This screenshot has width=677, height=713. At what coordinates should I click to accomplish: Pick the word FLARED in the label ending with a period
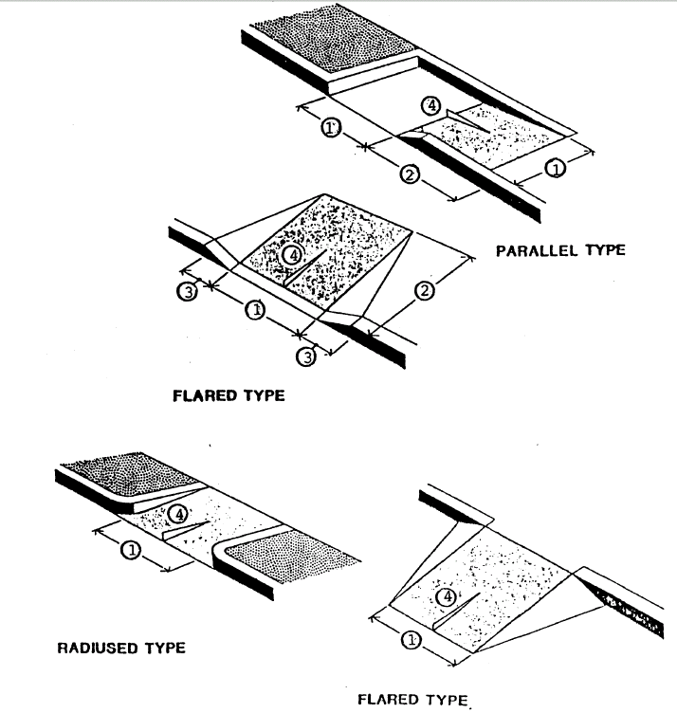point(388,701)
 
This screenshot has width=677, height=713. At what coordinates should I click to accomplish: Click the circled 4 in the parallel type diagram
point(432,106)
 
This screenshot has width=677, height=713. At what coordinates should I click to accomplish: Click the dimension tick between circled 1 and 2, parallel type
point(367,145)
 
